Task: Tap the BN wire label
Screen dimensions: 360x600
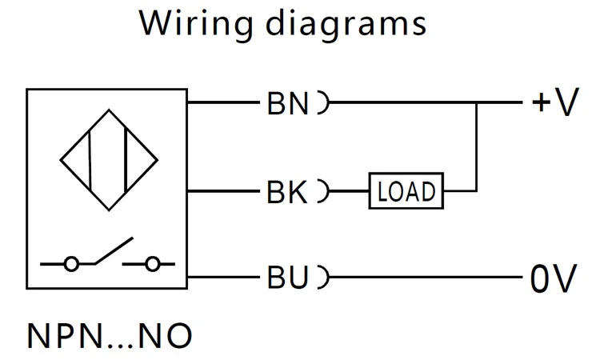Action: click(287, 104)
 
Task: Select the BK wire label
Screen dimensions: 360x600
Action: click(287, 192)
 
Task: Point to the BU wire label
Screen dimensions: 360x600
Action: click(287, 278)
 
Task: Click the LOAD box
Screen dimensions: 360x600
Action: click(406, 191)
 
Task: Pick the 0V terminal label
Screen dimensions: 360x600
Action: click(553, 278)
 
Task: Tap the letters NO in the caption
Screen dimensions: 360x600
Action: click(166, 335)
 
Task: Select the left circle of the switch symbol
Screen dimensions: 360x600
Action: click(71, 262)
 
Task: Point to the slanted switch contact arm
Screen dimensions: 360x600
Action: click(112, 250)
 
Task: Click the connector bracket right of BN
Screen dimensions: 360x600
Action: click(323, 103)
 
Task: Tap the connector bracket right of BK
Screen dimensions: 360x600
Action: click(323, 191)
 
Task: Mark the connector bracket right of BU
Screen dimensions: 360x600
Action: click(323, 278)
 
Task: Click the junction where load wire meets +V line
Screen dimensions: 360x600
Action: click(477, 103)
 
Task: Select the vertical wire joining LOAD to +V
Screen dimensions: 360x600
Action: click(477, 148)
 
